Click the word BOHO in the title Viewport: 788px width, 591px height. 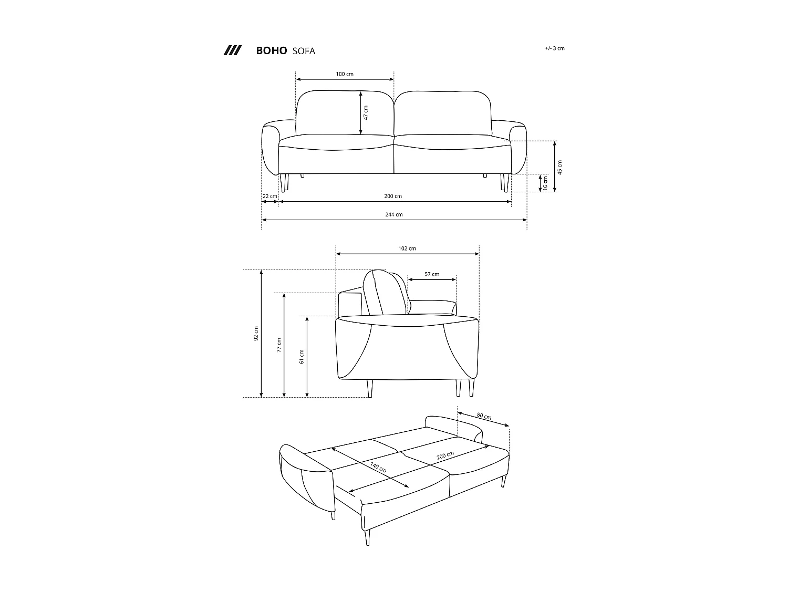pos(271,51)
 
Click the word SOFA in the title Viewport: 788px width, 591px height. pos(304,51)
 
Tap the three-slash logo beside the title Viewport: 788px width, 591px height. pos(232,50)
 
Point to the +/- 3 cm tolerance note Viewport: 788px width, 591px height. pos(555,48)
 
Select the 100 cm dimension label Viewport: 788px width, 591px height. pos(345,74)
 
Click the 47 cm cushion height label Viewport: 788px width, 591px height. pos(366,112)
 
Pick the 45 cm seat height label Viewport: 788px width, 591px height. pos(560,167)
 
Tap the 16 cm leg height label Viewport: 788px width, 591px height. pos(545,183)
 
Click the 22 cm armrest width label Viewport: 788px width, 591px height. pos(269,196)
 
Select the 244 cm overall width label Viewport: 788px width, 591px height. pos(394,214)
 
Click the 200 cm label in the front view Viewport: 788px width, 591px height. pos(393,196)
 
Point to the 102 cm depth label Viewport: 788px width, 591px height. pos(407,248)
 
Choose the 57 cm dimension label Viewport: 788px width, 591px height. pos(432,274)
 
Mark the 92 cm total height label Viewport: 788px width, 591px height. pos(256,334)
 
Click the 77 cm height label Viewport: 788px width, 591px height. pos(279,345)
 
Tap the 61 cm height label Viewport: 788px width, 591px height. pos(302,356)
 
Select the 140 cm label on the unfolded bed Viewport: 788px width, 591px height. pos(378,467)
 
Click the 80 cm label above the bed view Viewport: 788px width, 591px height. pos(484,417)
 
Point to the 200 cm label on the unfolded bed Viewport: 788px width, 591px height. pos(445,455)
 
